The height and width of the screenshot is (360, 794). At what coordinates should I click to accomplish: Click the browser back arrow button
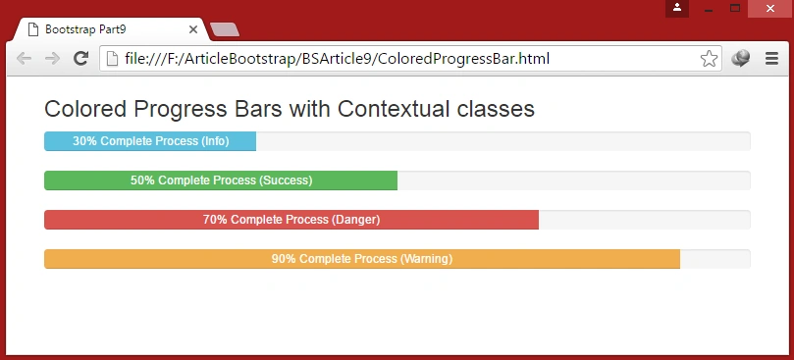pos(24,59)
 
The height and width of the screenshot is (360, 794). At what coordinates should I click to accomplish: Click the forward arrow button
pos(52,59)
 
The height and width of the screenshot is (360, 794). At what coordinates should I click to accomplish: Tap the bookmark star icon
pos(709,59)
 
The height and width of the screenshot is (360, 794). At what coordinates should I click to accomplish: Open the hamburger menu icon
pos(771,59)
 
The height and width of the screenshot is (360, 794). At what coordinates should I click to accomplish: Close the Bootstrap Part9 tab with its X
pos(193,29)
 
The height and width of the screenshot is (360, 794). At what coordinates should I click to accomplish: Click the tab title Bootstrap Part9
pos(85,29)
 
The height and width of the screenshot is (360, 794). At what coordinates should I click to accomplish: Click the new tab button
pos(225,29)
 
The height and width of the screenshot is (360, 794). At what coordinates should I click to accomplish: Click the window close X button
pos(770,9)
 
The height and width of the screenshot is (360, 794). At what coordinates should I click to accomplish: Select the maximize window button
pos(735,8)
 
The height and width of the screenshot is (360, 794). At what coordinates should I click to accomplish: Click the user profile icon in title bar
pos(677,9)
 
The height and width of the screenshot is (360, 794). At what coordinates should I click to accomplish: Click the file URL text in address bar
pos(338,59)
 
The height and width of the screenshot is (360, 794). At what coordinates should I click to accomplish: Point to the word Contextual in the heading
pos(394,109)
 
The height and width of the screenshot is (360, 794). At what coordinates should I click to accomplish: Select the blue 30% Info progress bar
pos(150,141)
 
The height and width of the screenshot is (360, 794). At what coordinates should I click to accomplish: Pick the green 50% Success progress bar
pos(221,180)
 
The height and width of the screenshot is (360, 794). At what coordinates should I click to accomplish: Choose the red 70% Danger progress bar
pos(291,220)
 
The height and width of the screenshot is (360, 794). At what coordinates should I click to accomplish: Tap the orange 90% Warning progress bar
pos(362,259)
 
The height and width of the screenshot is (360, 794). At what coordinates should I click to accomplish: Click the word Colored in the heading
pos(85,109)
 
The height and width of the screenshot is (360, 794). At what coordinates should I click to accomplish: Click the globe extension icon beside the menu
pos(740,59)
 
